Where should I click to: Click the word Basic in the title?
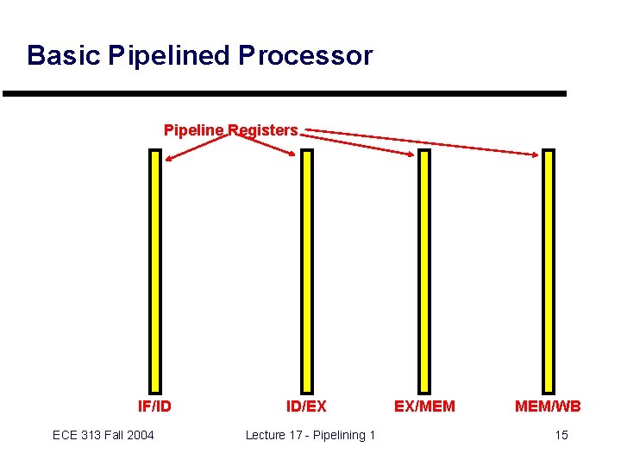coord(65,56)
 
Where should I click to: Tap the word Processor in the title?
coord(305,56)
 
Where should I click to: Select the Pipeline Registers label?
coord(230,130)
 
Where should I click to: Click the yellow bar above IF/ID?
coord(155,271)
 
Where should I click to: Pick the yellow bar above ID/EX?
coord(306,271)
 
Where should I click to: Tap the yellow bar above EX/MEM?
coord(423,271)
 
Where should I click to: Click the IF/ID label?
coord(155,406)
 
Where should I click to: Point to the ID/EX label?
coord(306,406)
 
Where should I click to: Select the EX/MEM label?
coord(424,406)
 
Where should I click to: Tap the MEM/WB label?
coord(548,406)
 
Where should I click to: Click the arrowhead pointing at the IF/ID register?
coord(171,158)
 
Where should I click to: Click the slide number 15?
coord(561,435)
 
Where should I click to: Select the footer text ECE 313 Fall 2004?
coord(103,435)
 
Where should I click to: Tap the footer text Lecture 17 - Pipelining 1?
coord(310,435)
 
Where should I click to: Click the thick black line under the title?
coord(285,93)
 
